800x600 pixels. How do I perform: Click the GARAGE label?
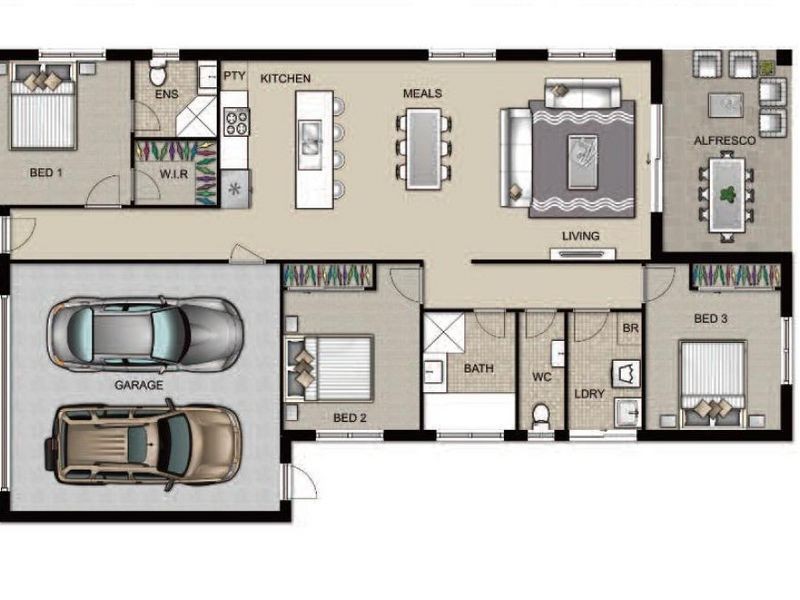(139, 385)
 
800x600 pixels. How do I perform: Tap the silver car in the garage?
(145, 334)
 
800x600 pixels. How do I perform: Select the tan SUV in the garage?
(143, 444)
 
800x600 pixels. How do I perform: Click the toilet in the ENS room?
(158, 72)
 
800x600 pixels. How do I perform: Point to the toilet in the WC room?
(540, 416)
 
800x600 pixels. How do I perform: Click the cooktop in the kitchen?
(236, 121)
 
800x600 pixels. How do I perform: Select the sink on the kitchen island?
(310, 138)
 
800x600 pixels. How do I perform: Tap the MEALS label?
(422, 93)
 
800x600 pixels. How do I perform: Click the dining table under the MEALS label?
(423, 149)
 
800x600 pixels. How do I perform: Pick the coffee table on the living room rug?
(583, 162)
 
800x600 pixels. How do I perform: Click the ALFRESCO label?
(724, 140)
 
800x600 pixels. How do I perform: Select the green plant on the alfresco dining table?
(728, 194)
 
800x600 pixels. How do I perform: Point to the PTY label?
(235, 76)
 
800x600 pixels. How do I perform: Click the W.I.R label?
(174, 174)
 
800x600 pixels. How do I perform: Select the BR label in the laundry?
(631, 328)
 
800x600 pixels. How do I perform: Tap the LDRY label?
(589, 394)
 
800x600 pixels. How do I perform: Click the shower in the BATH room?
(444, 332)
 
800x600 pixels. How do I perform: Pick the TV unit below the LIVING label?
(583, 254)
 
